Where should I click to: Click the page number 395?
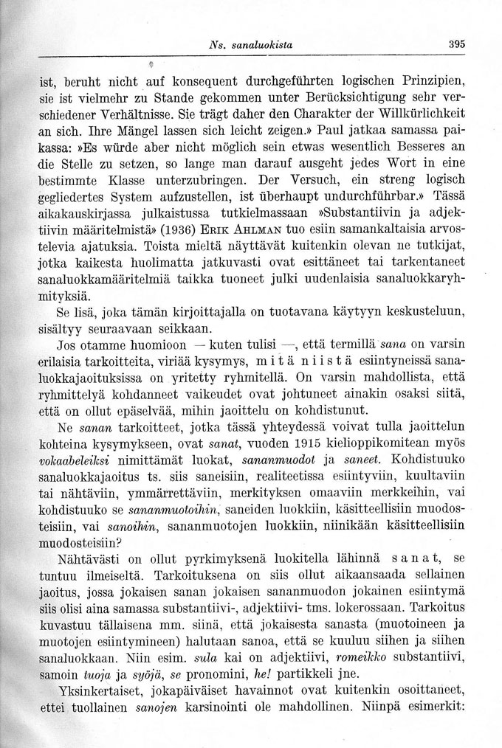[x=455, y=44]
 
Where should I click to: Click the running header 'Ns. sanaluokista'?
[x=250, y=44]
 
